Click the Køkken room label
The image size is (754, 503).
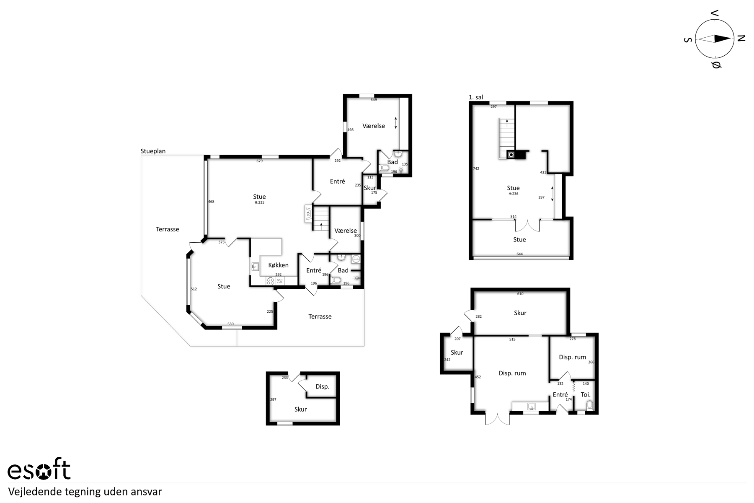[279, 265]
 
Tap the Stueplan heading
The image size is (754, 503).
[153, 151]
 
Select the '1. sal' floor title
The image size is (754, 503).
[476, 97]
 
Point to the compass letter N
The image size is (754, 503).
[741, 39]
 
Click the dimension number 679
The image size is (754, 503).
[259, 161]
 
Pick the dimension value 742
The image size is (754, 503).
[476, 169]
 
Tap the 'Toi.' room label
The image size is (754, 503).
[586, 394]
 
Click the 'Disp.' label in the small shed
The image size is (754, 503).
[322, 386]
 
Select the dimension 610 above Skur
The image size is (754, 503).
[520, 294]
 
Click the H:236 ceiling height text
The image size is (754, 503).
[513, 194]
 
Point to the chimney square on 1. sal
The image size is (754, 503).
[511, 155]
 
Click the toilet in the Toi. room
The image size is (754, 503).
[590, 405]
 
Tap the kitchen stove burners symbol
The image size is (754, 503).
[271, 281]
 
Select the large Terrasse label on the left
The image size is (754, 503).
[168, 229]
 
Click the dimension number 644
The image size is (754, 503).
[519, 254]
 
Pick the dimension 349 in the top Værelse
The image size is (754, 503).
[374, 100]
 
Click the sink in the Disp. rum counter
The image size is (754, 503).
[532, 406]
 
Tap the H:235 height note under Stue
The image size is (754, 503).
[259, 202]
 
